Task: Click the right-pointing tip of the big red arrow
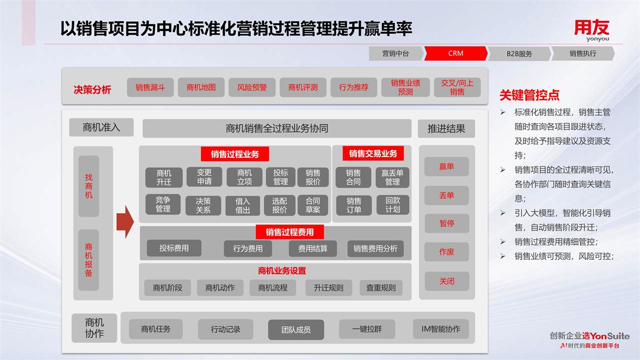[x=134, y=222]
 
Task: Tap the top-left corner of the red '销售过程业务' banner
[x=201, y=147]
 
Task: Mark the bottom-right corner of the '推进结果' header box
[x=475, y=138]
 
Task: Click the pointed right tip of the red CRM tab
[x=487, y=53]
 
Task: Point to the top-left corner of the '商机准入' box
[x=69, y=118]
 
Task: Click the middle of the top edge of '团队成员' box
[x=296, y=319]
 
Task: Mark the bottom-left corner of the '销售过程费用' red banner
[x=256, y=239]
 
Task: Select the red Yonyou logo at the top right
[x=591, y=30]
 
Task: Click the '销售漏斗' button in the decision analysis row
[x=150, y=87]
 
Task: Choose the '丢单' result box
[x=446, y=195]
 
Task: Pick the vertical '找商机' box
[x=89, y=186]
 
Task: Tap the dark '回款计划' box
[x=393, y=205]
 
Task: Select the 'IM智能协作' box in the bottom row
[x=441, y=329]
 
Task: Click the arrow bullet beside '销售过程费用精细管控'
[x=503, y=242]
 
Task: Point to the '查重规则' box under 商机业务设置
[x=381, y=287]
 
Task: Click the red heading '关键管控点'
[x=530, y=95]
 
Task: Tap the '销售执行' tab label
[x=583, y=53]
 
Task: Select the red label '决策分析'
[x=92, y=90]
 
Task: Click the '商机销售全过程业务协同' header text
[x=277, y=129]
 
